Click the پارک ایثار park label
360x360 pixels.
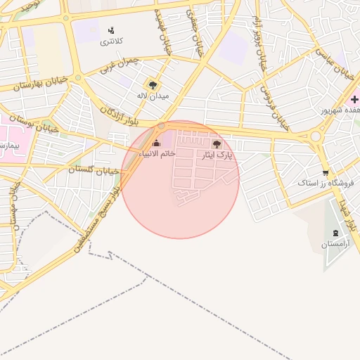click(x=217, y=154)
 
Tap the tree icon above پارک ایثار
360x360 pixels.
click(x=216, y=143)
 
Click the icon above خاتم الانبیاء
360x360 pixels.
click(x=156, y=143)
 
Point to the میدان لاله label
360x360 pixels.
click(x=153, y=96)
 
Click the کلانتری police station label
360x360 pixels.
click(x=111, y=41)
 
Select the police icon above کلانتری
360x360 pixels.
click(x=111, y=31)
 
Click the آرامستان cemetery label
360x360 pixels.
click(x=335, y=244)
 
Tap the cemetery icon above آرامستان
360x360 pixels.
click(x=335, y=233)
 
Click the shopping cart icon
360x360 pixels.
click(x=325, y=172)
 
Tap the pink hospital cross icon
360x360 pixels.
click(x=354, y=101)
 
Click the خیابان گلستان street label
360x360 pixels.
click(x=96, y=169)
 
